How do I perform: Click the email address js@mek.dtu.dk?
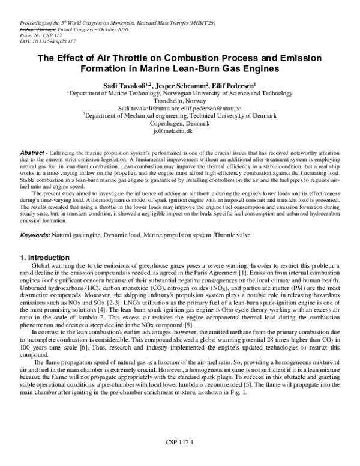[179, 130]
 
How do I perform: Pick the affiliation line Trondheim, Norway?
[180, 101]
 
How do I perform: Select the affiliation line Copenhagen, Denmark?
[180, 123]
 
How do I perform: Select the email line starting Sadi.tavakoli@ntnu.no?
[180, 108]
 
